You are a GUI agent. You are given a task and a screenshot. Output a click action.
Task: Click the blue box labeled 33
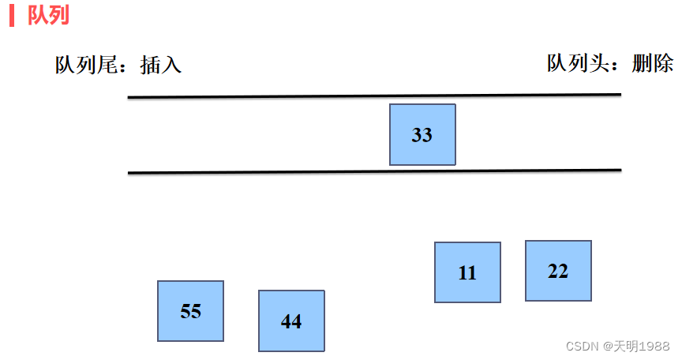[x=422, y=134]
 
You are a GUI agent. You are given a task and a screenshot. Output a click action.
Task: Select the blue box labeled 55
[x=190, y=311]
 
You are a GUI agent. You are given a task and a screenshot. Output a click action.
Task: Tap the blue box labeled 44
[x=291, y=321]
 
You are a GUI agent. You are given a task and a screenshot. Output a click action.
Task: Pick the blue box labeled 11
[x=467, y=272]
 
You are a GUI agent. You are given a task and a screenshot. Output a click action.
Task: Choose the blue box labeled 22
[x=559, y=271]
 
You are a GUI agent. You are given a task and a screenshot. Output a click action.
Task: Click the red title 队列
[x=48, y=15]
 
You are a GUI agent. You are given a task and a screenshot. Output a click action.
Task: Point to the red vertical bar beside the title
[x=12, y=15]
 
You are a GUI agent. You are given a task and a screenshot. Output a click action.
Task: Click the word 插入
[x=160, y=66]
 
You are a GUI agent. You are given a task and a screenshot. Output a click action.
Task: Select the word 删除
[x=653, y=63]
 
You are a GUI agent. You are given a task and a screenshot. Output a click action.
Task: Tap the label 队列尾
[x=86, y=66]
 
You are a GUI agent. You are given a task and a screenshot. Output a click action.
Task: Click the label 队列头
[x=578, y=63]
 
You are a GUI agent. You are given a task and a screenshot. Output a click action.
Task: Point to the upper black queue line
[x=374, y=96]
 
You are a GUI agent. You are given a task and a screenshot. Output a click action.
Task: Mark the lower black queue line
[x=374, y=171]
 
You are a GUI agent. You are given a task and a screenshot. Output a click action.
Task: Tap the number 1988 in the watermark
[x=654, y=346]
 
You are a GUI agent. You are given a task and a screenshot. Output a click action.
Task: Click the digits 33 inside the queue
[x=422, y=135]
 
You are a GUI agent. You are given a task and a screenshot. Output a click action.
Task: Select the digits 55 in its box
[x=190, y=311]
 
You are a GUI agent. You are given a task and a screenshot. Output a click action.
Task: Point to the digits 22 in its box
[x=558, y=271]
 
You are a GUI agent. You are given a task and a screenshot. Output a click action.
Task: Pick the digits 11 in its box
[x=467, y=273]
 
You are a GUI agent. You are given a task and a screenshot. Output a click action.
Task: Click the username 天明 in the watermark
[x=625, y=346]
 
